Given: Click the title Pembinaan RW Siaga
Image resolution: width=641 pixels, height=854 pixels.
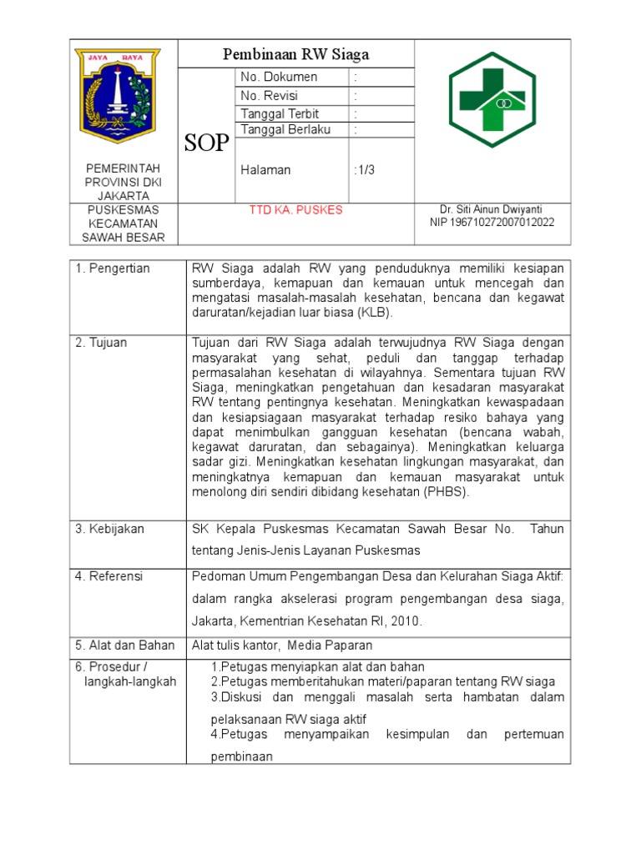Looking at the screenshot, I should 295,55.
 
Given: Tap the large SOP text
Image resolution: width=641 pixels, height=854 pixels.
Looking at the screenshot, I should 206,143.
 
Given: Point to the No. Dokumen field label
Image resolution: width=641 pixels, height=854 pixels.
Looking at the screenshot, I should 279,77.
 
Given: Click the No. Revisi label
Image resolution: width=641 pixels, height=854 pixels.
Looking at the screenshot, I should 269,96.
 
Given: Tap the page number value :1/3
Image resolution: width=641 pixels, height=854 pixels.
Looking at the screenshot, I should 365,170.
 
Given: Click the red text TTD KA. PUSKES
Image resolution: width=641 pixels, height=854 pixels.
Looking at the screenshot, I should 295,209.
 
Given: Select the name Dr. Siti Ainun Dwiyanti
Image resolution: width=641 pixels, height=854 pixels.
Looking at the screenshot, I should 492,208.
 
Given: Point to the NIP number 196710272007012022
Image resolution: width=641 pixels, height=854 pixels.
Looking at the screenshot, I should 492,223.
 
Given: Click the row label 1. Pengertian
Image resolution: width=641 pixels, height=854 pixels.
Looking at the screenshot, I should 113,268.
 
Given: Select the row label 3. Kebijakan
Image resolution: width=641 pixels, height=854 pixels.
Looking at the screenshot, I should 110,529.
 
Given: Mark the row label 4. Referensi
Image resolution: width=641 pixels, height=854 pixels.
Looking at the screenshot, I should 109,576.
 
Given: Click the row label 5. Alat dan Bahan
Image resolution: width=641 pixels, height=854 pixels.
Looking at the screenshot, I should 125,645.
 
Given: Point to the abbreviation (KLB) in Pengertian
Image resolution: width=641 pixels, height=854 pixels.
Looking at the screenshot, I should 373,313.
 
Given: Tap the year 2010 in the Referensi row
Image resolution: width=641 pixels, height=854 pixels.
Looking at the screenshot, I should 406,620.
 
